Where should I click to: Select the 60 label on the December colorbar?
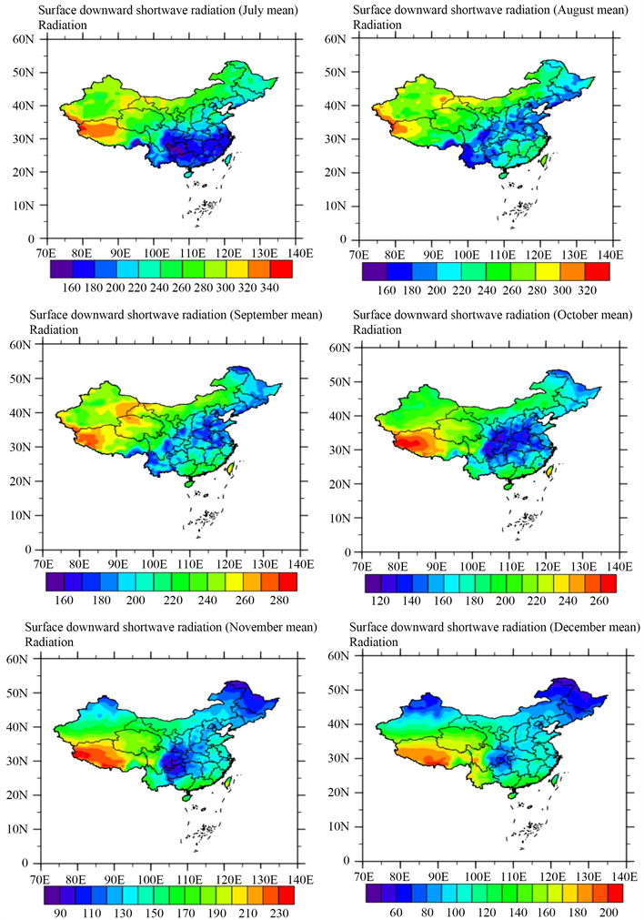(x=397, y=911)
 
